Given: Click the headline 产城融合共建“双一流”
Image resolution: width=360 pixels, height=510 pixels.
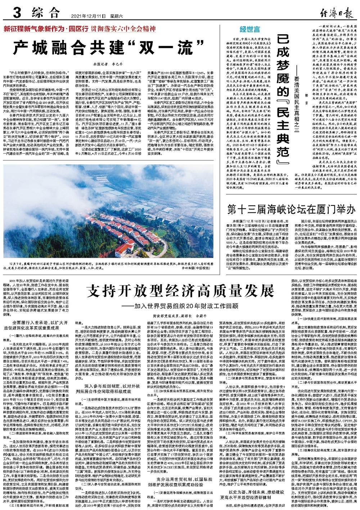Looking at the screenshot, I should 97,48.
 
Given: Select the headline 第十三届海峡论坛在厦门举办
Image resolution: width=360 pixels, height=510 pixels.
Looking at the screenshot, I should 291,209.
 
